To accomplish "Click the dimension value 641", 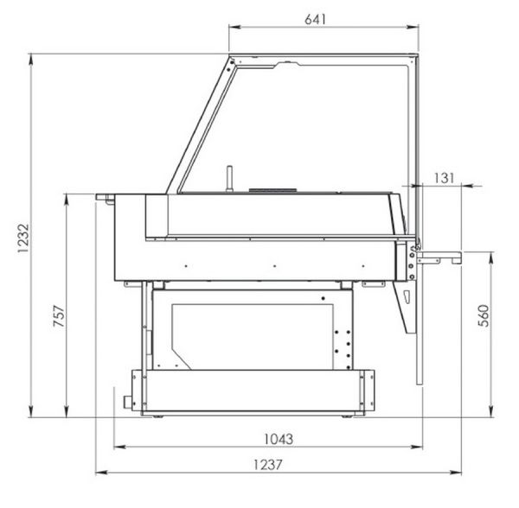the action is pos(315,20).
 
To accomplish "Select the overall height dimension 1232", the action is pos(23,238).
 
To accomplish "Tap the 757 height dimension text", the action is pos(59,315).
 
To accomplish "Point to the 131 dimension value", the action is pos(444,178).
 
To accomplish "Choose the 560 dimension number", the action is pos(484,315).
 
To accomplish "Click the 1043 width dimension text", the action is pos(279,439).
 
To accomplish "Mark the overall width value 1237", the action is pos(268,465).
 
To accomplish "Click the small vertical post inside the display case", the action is pos(229,179).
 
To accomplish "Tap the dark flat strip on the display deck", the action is pos(272,190).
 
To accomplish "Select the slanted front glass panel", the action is pos(202,125).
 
